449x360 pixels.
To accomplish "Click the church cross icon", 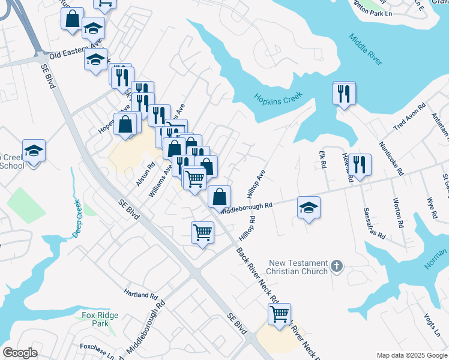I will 337,265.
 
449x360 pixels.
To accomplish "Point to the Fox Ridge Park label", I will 100,319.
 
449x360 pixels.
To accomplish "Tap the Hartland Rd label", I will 140,296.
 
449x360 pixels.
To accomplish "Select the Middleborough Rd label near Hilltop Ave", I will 246,208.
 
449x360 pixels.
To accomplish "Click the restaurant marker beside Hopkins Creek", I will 344,94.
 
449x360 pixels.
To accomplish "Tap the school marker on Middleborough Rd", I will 309,208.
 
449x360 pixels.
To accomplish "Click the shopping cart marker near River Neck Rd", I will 279,314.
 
